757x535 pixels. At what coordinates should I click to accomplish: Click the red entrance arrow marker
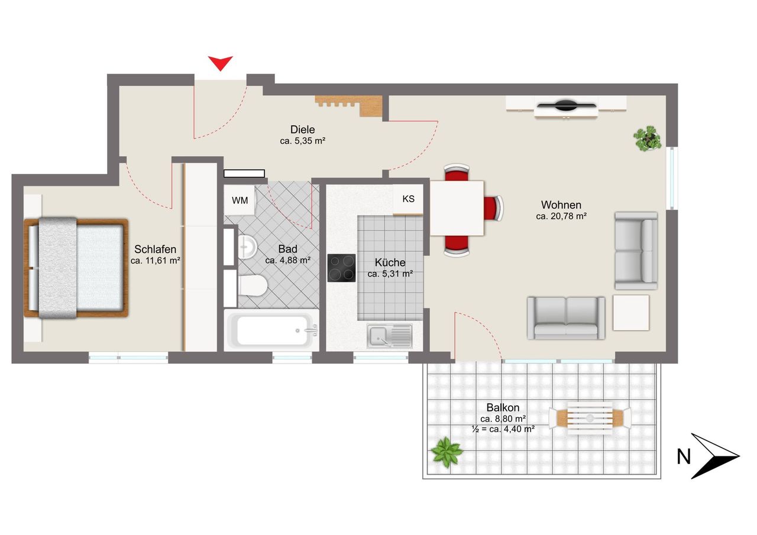221,63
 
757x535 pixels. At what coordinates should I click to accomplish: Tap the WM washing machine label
240,200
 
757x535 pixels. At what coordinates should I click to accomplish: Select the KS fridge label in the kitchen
408,199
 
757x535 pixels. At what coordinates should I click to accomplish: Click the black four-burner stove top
341,268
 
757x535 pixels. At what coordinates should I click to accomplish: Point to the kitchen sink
390,336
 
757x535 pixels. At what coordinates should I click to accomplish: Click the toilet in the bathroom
253,286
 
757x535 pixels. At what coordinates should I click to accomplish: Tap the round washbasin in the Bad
247,247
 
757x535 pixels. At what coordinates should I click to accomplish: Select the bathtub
271,330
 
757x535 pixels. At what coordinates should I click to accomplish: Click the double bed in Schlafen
76,268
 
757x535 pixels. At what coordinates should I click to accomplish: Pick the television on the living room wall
567,105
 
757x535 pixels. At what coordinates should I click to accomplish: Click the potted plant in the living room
647,138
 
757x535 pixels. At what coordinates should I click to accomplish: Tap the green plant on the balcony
447,452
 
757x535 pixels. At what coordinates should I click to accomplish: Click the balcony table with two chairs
590,418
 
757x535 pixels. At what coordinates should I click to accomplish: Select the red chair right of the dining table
493,209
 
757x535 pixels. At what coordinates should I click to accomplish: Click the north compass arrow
715,456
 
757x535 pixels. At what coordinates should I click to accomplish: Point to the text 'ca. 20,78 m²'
561,216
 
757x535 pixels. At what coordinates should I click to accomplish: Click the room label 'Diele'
302,129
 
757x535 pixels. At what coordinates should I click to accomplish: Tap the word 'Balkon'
503,407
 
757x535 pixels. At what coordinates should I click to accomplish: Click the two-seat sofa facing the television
566,318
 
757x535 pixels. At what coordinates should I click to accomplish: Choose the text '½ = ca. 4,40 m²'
503,429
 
